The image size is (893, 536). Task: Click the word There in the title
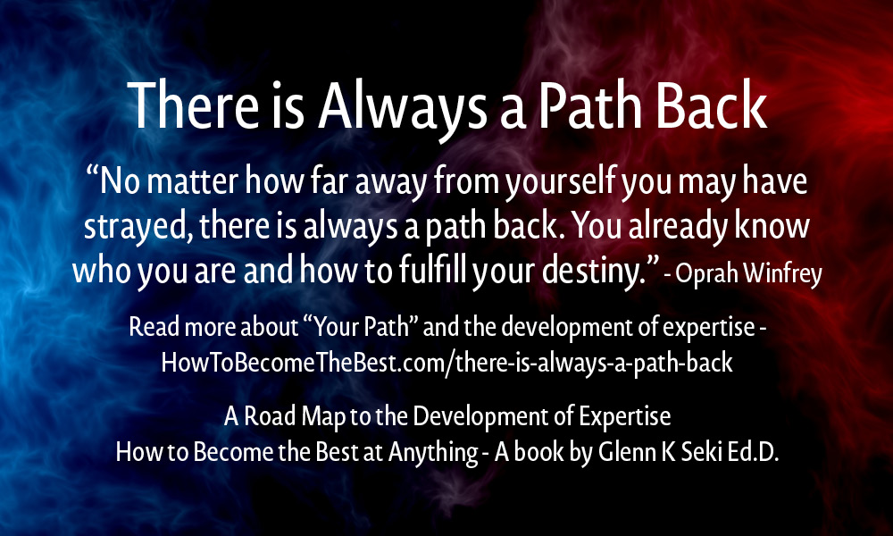[x=193, y=105]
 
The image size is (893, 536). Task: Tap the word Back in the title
[x=712, y=105]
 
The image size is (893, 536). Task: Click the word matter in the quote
[x=193, y=181]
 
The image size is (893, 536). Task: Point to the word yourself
[x=561, y=183]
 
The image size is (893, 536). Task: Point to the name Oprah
[x=706, y=274]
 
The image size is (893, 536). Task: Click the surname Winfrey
[x=782, y=274]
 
